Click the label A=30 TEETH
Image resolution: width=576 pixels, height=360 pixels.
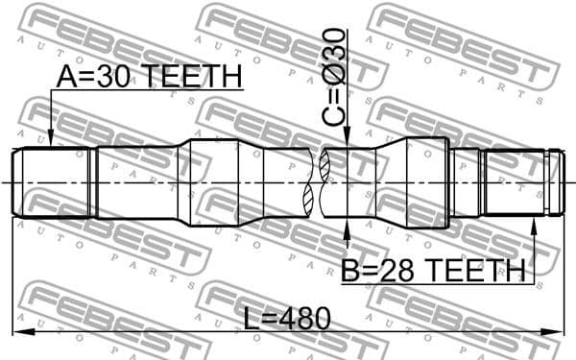point(149,79)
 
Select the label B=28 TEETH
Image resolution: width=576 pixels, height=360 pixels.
point(432,272)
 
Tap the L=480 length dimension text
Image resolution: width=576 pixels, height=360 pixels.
point(287,318)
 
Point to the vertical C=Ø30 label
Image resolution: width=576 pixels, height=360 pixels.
point(334,74)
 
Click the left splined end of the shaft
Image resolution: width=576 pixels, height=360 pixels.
point(53,181)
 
